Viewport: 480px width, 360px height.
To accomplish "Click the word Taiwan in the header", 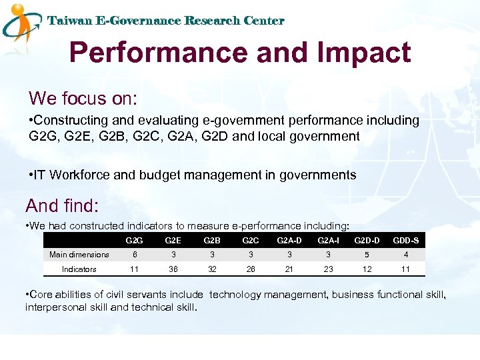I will (70, 21).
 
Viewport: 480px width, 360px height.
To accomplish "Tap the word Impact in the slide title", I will (364, 52).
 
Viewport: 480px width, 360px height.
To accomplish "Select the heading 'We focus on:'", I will (83, 99).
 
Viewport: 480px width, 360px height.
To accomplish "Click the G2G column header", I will (135, 240).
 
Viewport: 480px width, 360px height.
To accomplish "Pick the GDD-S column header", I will (405, 240).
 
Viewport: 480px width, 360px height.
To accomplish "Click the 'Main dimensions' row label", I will (79, 255).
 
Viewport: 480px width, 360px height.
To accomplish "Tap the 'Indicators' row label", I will (79, 269).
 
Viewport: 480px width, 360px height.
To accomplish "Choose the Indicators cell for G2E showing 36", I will (173, 269).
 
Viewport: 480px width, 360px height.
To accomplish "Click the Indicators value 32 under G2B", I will (213, 269).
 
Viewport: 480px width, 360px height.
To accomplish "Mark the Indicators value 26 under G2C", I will (251, 269).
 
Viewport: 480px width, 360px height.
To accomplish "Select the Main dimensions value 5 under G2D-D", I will (367, 255).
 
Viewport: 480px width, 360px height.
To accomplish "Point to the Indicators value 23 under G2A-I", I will (328, 269).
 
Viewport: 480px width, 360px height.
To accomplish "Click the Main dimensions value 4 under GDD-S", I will (405, 255).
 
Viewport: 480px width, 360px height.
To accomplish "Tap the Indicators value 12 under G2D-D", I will (367, 269).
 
